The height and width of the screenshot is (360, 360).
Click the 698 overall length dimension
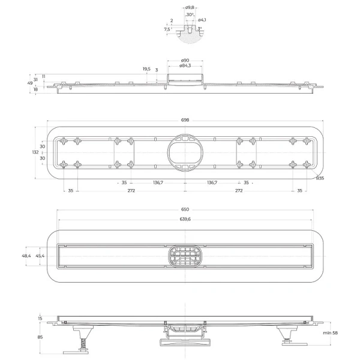[185, 120]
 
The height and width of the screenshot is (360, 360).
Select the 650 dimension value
[185, 209]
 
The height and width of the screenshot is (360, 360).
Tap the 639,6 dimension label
[185, 219]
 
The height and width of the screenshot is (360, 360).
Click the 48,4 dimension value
[26, 256]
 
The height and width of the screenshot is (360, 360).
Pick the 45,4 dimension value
[39, 256]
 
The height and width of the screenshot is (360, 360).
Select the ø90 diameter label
[185, 61]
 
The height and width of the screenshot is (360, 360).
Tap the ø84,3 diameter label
[185, 66]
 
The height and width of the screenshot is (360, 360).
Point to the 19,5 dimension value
[146, 69]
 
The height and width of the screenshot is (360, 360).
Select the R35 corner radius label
[320, 178]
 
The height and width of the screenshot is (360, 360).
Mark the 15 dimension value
[40, 318]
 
